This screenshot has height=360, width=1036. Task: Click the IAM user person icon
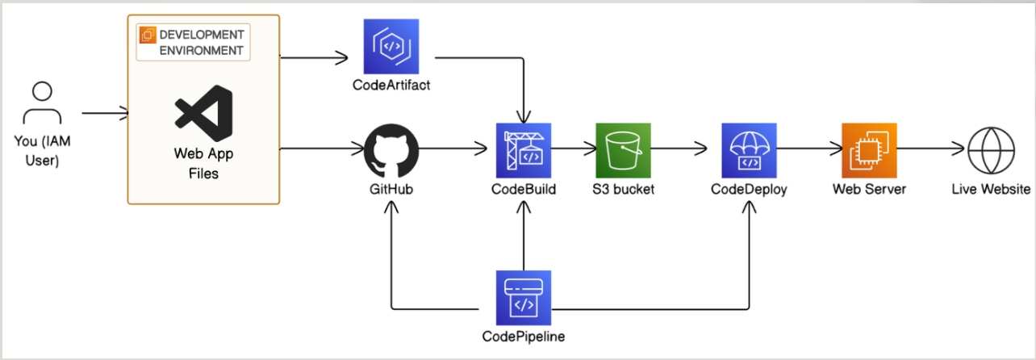[42, 103]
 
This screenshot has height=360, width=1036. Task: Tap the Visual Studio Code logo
[203, 113]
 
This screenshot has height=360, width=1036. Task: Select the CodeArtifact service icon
[391, 46]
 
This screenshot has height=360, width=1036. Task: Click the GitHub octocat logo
[391, 151]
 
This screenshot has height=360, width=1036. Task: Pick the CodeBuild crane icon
[524, 150]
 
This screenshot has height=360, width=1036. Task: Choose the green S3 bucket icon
[623, 150]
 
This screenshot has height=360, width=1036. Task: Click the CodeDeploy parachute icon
[750, 150]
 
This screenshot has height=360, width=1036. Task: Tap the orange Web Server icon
[869, 150]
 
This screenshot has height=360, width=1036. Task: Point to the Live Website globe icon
[991, 150]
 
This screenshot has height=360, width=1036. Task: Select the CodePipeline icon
[524, 298]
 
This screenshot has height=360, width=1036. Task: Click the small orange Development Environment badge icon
[148, 35]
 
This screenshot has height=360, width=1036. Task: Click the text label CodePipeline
[524, 337]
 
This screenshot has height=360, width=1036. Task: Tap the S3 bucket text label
[624, 189]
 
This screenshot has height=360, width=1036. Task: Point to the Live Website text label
[991, 189]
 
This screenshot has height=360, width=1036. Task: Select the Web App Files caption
[203, 163]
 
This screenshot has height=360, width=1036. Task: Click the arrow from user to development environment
[105, 113]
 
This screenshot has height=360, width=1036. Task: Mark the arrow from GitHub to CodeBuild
[453, 149]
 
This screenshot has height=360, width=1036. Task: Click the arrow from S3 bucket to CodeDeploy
[679, 149]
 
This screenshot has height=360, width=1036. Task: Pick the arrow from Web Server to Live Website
[930, 149]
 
